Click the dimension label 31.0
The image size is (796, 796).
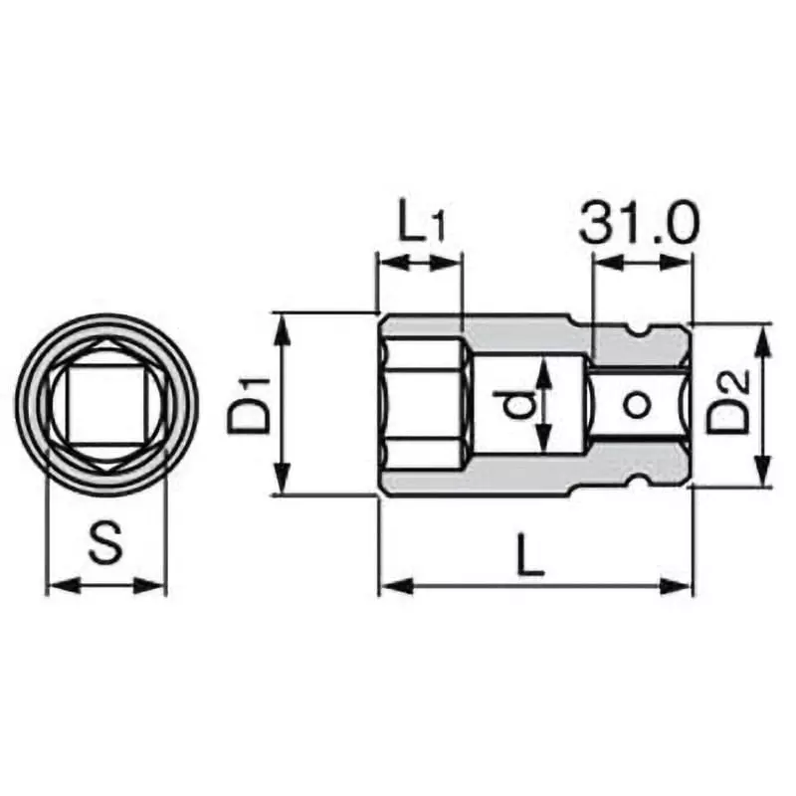[641, 225]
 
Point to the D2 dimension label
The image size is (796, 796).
[728, 403]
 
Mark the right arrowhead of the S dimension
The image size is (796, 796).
[155, 586]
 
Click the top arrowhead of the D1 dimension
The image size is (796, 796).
[283, 323]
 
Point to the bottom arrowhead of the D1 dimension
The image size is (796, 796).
[283, 485]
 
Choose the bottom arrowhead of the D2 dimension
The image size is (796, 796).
[762, 476]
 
